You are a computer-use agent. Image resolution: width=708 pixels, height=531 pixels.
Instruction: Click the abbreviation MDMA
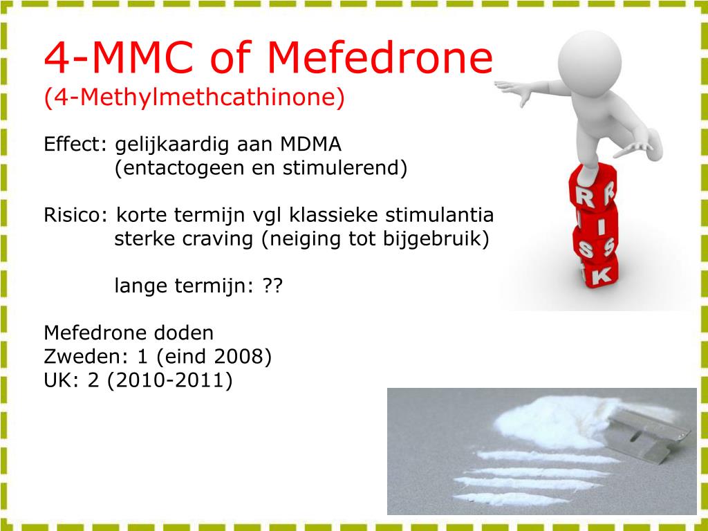[x=310, y=145]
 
